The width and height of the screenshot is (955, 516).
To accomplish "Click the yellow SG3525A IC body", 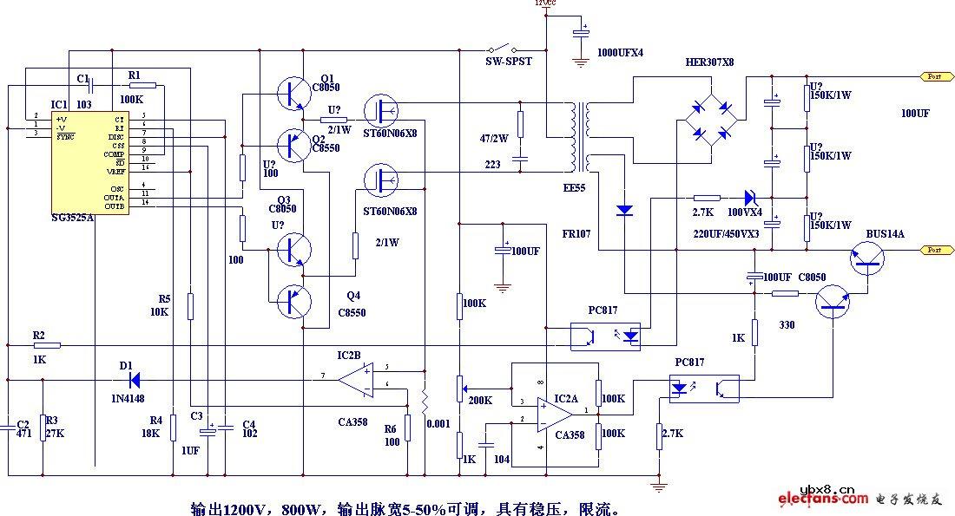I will pos(91,161).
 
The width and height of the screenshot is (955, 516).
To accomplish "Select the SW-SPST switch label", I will pos(508,62).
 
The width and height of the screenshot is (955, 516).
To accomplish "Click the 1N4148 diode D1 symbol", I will pos(134,379).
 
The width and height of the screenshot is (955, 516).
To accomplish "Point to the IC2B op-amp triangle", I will pos(357,380).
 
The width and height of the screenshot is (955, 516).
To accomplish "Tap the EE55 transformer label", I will pos(574,187).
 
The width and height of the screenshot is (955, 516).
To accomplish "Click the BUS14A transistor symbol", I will pos(866,256).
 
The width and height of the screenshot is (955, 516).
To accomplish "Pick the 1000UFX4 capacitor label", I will pos(620,52).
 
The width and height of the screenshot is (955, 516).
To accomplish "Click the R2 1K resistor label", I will pos(38,334).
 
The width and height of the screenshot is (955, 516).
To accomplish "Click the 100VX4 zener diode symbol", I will pos(749,199).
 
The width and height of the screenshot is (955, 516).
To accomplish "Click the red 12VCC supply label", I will pos(545,3).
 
